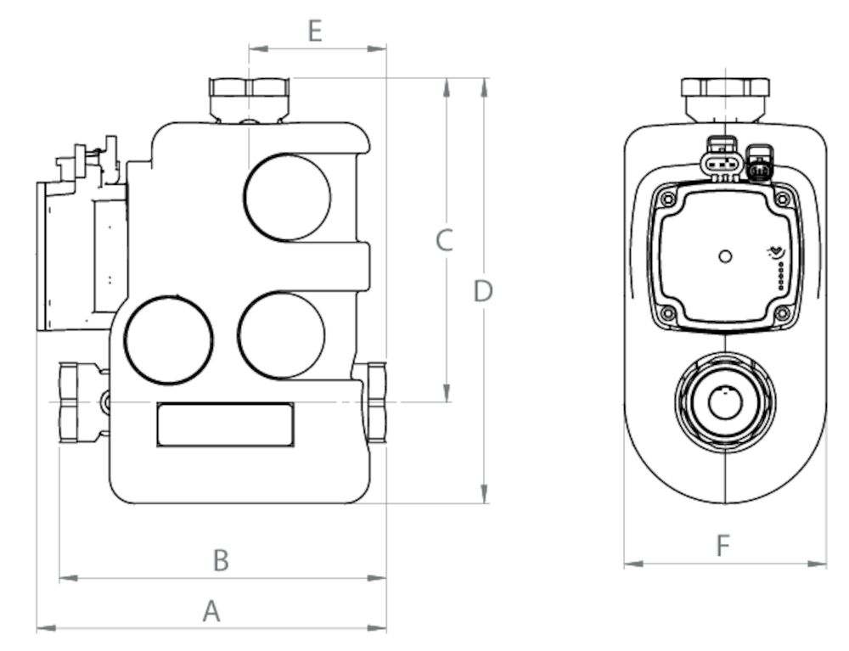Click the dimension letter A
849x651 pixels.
pos(211,610)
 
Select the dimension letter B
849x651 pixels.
pos(220,560)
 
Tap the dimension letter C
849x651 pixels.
pos(444,240)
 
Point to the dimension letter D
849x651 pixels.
pos(483,292)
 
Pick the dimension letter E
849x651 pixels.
pos(315,32)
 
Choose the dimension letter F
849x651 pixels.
pos(723,546)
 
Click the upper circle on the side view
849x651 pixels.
pos(287,197)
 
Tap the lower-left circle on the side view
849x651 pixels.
pos(168,340)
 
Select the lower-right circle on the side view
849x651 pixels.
pos(282,335)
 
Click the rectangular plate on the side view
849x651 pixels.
pos(225,424)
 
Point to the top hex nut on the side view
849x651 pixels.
pos(250,97)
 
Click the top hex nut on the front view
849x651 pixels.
pos(725,96)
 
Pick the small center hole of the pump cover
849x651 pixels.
pos(725,255)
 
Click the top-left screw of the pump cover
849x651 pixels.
pos(667,200)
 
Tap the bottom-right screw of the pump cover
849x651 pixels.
pos(783,313)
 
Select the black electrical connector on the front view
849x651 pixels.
pos(759,166)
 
